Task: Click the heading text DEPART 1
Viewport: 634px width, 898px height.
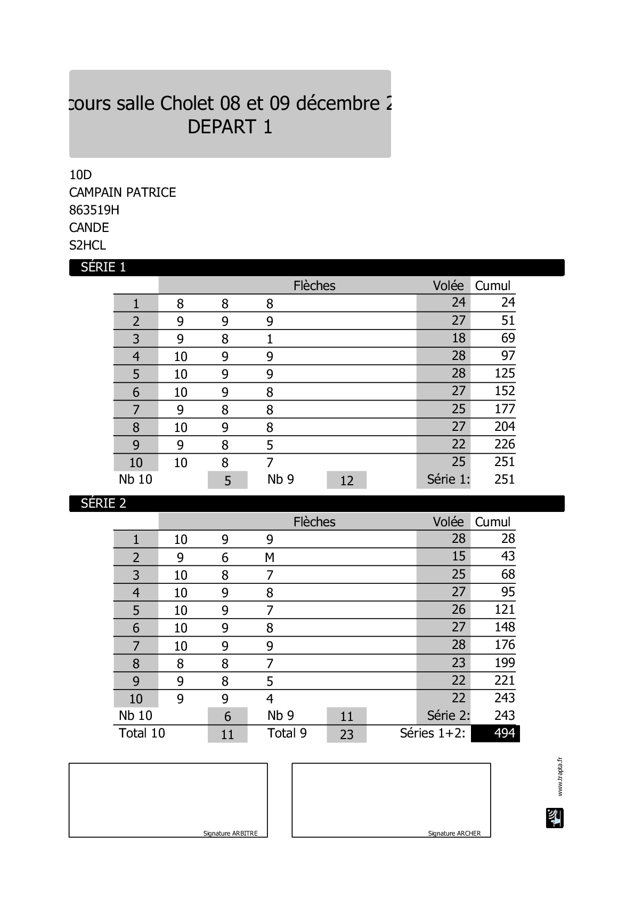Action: point(230,127)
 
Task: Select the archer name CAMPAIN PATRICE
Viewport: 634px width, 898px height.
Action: point(123,193)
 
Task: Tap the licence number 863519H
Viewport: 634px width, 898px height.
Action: point(94,210)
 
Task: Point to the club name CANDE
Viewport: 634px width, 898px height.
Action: point(89,228)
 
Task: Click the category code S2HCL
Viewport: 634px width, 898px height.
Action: point(88,245)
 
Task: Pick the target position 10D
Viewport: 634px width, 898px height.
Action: point(80,175)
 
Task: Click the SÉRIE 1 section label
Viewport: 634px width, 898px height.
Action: point(103,267)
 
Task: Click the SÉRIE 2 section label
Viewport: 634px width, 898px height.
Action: point(103,503)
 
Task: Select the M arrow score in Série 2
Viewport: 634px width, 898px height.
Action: point(270,558)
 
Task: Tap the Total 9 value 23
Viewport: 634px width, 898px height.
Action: point(347,734)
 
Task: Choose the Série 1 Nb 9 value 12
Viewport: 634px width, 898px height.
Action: point(347,480)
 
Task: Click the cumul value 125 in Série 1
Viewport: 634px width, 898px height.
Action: point(505,373)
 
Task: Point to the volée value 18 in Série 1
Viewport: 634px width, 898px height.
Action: point(458,338)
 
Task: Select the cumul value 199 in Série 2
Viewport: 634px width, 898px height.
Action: point(505,663)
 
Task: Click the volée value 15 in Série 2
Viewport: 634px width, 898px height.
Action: point(458,556)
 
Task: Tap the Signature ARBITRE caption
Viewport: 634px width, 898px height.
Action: point(230,833)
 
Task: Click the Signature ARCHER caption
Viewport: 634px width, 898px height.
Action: point(454,833)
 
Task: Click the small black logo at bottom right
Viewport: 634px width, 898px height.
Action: point(555,818)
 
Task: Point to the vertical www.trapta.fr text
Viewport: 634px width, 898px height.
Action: point(559,776)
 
